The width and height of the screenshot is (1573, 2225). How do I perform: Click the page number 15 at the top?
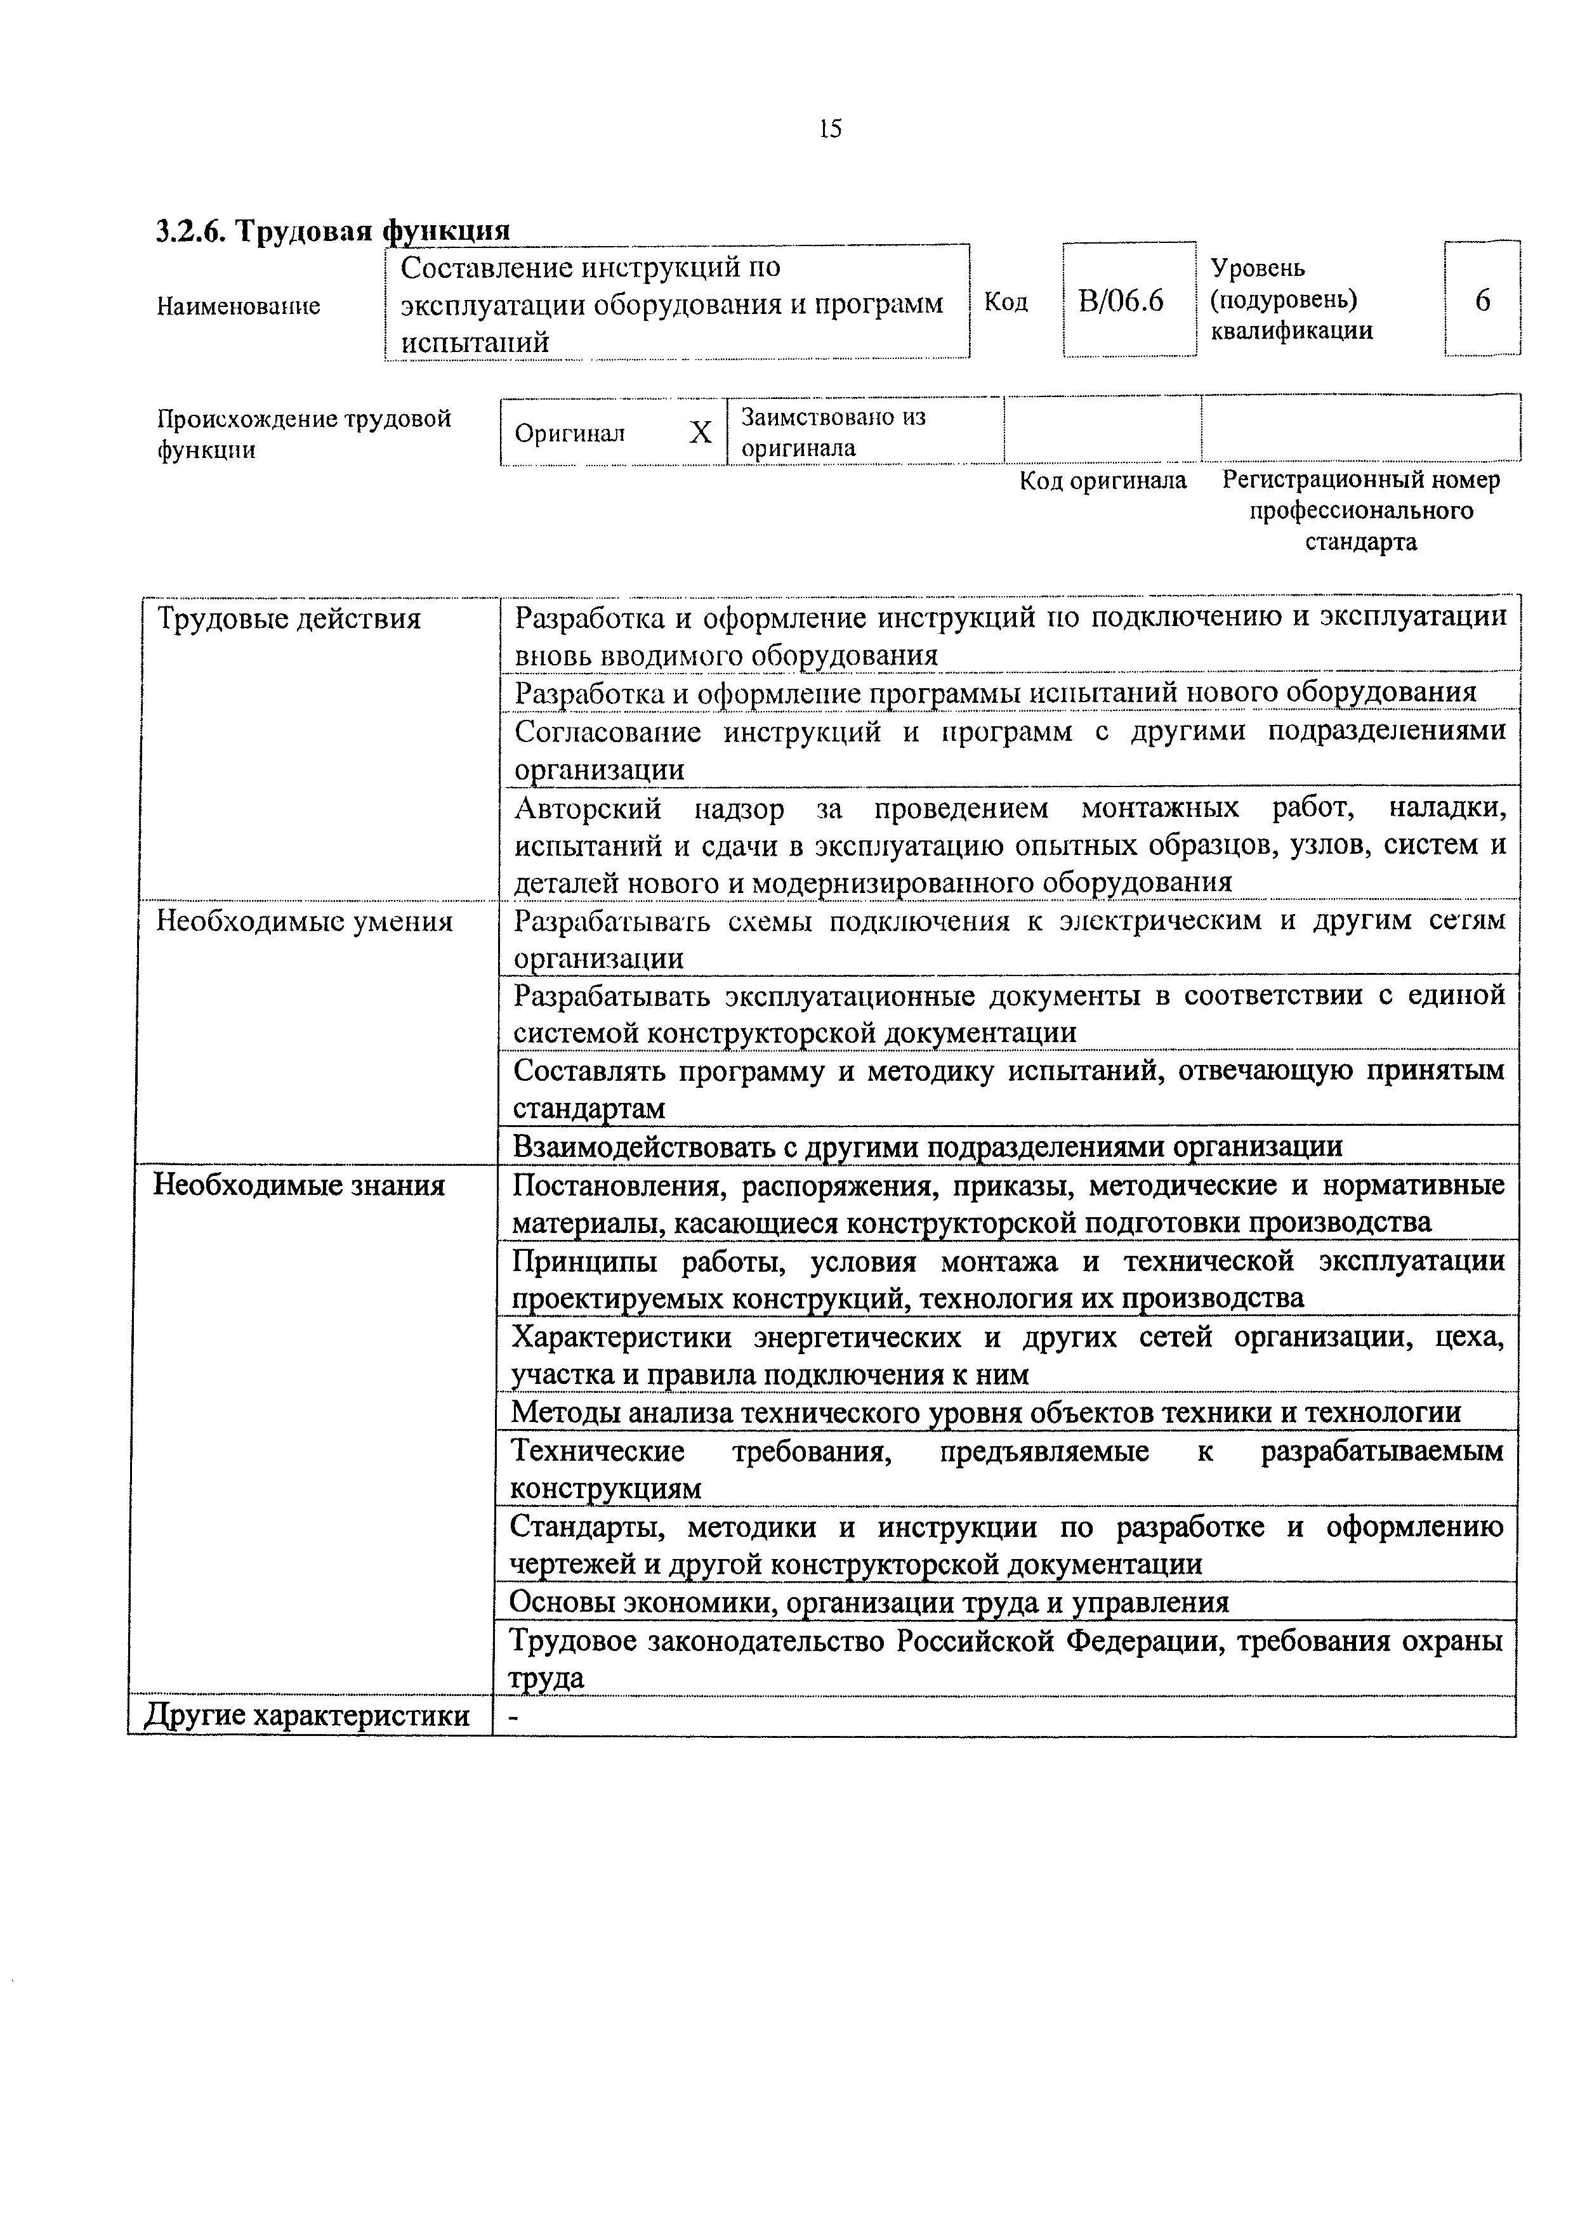[x=829, y=129]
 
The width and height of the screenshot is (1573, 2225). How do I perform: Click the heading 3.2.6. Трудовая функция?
[x=332, y=232]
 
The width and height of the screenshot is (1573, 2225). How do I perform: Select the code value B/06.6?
[x=1121, y=301]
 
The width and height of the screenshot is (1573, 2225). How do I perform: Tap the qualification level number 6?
[x=1482, y=301]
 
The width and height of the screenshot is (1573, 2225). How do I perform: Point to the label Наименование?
[x=239, y=306]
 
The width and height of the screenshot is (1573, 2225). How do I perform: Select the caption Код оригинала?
[x=1102, y=481]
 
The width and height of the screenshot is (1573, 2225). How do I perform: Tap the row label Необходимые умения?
[x=305, y=920]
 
